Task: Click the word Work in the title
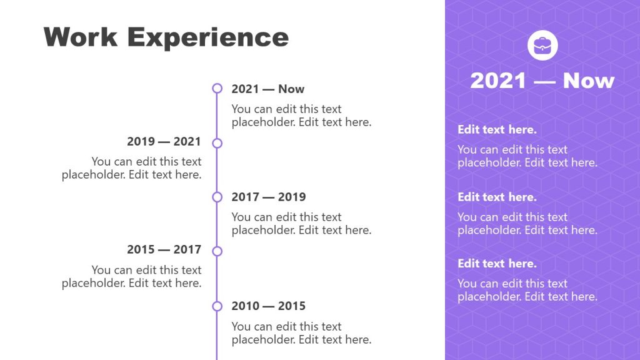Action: [x=81, y=37]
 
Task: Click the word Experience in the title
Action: [x=208, y=38]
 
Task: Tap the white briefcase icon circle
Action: [x=542, y=46]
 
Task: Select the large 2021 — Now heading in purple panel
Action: [x=542, y=81]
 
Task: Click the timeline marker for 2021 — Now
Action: [x=217, y=89]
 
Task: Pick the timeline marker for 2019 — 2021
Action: [x=217, y=143]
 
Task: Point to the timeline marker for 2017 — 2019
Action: [x=217, y=197]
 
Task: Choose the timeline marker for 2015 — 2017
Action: [x=217, y=251]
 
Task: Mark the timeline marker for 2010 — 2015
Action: [x=217, y=306]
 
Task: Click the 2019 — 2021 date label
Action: [x=164, y=142]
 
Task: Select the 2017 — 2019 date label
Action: [x=269, y=197]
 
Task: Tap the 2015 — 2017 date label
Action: [x=164, y=250]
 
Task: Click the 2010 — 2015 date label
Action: [x=269, y=306]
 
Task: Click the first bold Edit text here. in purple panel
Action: [x=497, y=130]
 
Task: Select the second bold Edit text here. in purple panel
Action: [x=497, y=197]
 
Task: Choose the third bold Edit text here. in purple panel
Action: [x=497, y=263]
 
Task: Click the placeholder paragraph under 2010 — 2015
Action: [x=301, y=333]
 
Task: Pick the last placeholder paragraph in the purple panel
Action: [x=527, y=290]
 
